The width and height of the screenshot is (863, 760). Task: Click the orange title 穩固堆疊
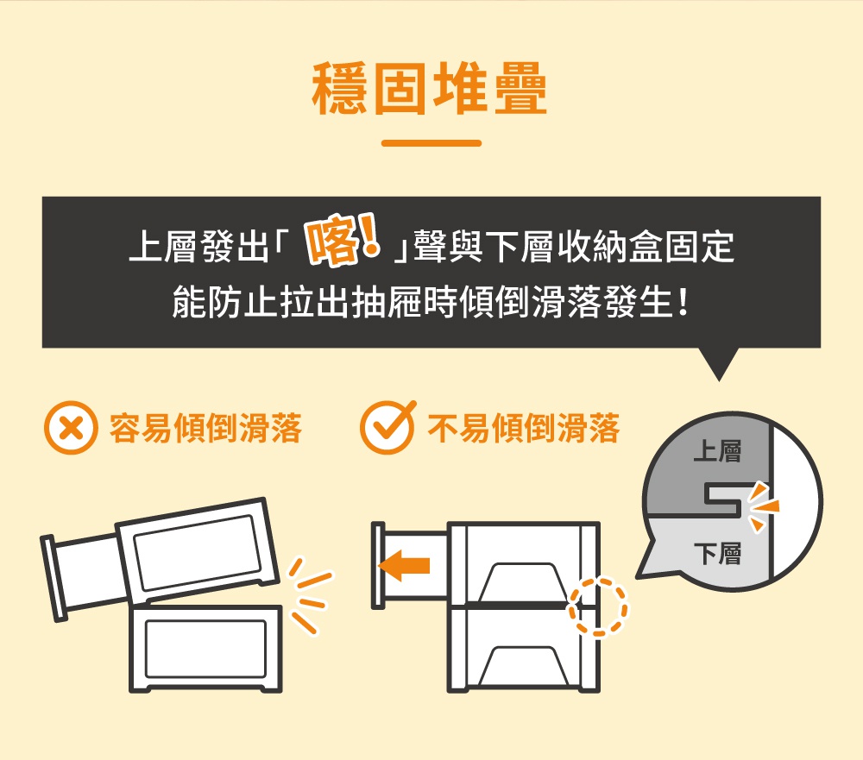[431, 90]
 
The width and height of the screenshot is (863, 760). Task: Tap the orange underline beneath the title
[431, 143]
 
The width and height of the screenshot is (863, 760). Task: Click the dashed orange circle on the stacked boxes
[598, 606]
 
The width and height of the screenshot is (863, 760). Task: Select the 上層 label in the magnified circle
[717, 451]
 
